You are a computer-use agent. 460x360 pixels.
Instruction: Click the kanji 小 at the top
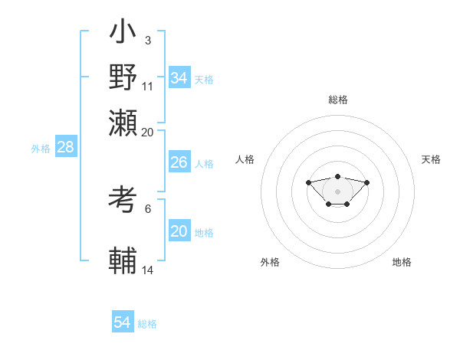click(x=123, y=34)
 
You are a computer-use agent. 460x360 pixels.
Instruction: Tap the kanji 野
click(x=123, y=77)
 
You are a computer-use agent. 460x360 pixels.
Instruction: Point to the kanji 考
click(x=123, y=201)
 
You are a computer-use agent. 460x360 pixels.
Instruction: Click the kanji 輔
click(x=123, y=260)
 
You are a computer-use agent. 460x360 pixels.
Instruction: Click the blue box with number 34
click(x=179, y=78)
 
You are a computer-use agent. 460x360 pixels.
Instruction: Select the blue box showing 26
click(x=179, y=162)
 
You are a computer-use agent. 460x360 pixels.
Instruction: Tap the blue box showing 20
click(x=179, y=231)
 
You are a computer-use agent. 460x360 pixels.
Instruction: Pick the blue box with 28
click(x=66, y=148)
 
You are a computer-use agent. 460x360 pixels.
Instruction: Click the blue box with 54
click(x=122, y=322)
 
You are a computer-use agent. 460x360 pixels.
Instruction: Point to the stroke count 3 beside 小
click(x=147, y=39)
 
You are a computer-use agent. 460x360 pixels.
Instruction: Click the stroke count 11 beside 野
click(x=148, y=85)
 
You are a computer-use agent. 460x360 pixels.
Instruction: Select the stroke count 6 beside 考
click(x=147, y=208)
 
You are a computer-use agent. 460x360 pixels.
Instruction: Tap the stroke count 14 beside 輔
click(x=148, y=269)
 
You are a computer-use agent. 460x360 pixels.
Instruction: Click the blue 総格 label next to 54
click(x=147, y=324)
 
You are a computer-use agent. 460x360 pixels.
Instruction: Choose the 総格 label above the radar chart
click(x=337, y=100)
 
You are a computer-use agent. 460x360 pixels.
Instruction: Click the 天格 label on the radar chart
click(x=431, y=159)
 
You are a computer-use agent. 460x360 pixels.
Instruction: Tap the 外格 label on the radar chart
click(x=270, y=262)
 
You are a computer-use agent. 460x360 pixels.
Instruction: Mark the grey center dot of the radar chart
click(x=337, y=191)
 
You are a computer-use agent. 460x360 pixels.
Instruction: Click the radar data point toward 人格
click(x=308, y=182)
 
